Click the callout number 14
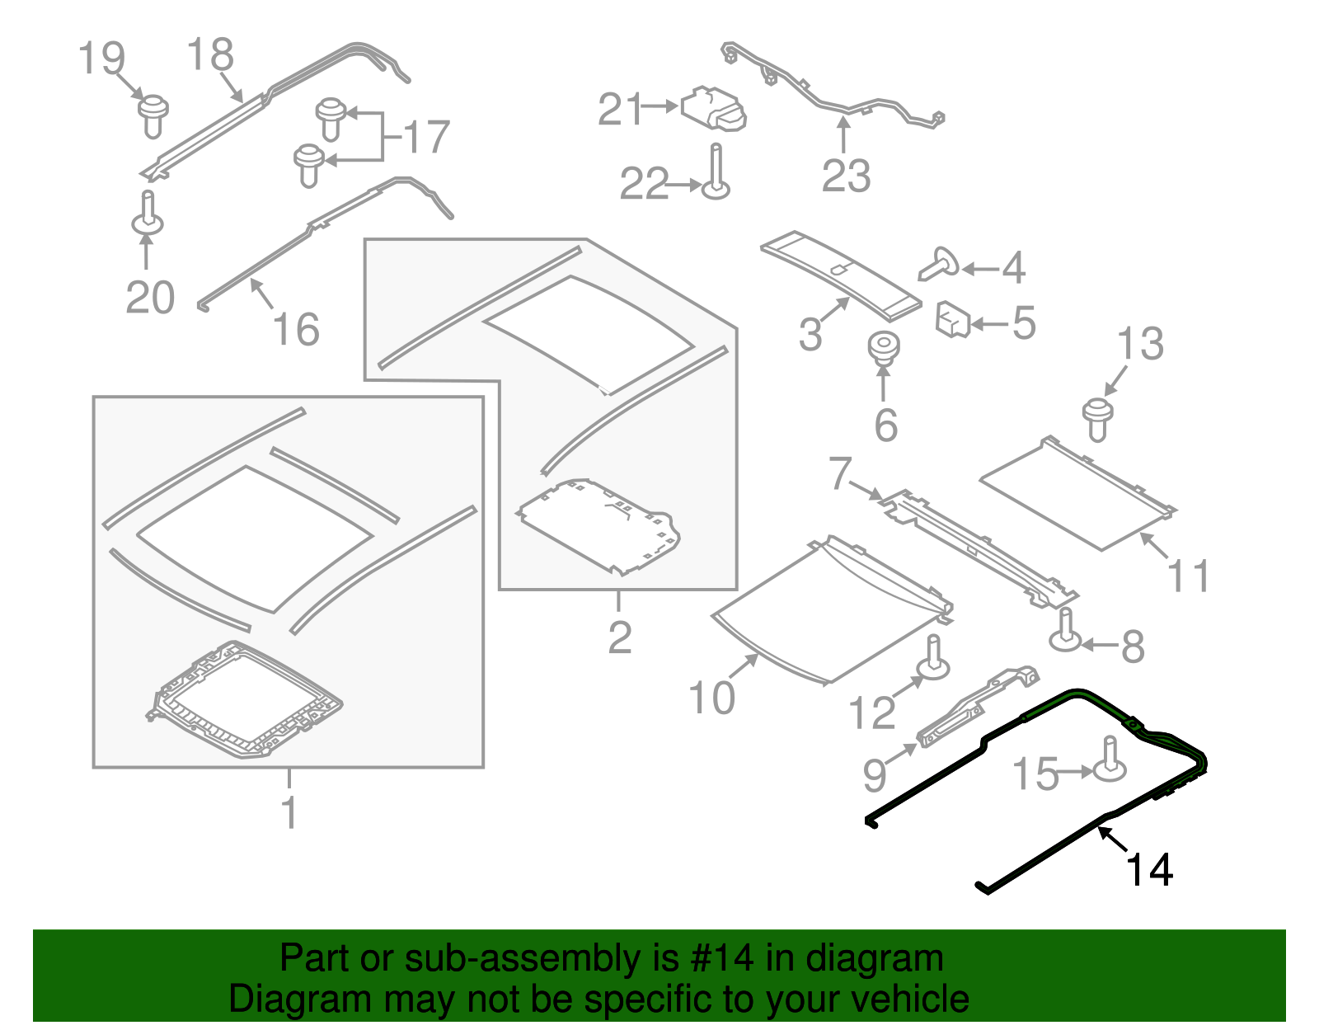point(1149,870)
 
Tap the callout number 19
point(101,59)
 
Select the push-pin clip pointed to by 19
point(153,115)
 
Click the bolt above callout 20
point(148,214)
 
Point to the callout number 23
point(846,176)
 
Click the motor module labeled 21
point(714,109)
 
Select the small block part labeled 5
point(953,319)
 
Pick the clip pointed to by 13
point(1097,417)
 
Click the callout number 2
point(619,637)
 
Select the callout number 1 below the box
point(289,812)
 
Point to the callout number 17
point(426,137)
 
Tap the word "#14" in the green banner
point(716,958)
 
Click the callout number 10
point(711,698)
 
